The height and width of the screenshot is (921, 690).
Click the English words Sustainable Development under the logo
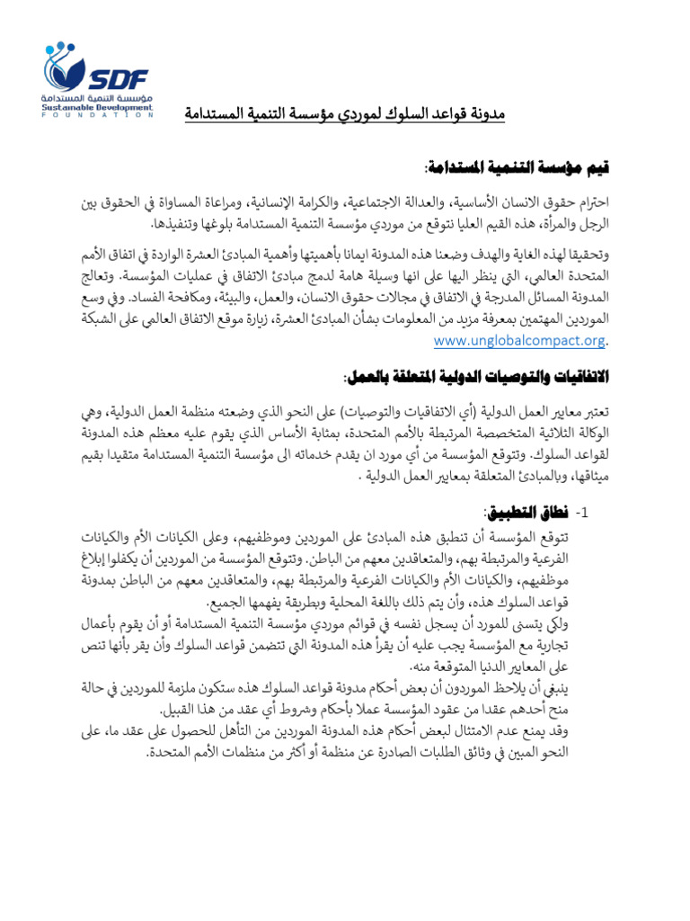click(99, 107)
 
